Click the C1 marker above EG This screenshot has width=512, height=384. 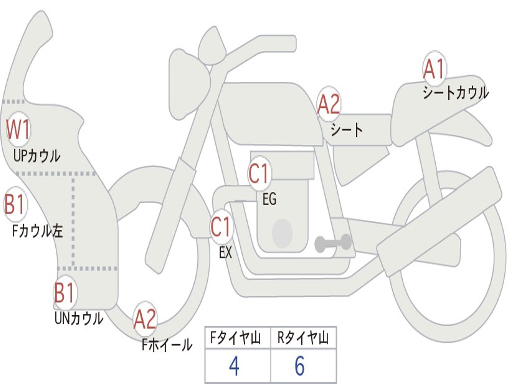(259, 174)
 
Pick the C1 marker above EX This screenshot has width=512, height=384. (221, 227)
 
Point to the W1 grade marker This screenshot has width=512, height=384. (18, 129)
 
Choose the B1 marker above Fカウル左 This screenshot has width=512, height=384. (15, 204)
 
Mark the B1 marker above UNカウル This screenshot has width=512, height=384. (64, 293)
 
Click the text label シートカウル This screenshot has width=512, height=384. (455, 93)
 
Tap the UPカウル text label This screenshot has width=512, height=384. (37, 156)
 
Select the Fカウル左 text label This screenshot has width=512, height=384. (38, 231)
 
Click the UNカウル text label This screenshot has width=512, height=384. (79, 318)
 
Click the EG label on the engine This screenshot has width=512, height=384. (269, 200)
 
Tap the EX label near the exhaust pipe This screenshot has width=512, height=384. (226, 253)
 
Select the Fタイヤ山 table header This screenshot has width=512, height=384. (237, 339)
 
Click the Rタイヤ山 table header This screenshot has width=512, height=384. (303, 339)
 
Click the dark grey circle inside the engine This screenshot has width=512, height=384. (282, 233)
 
